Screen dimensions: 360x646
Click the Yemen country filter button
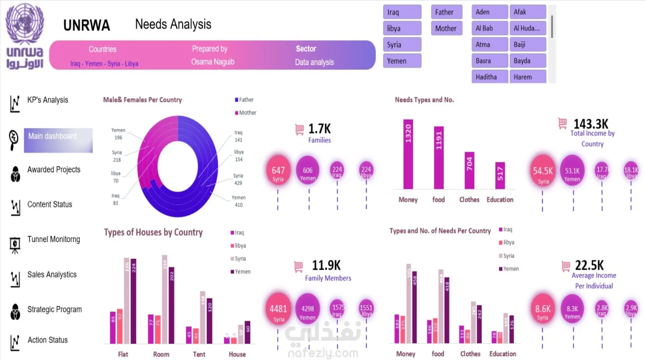coord(402,61)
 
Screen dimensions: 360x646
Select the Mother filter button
coord(446,28)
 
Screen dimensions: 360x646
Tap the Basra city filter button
coord(490,61)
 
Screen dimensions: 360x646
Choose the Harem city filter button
coord(528,77)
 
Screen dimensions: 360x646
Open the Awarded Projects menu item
coord(54,169)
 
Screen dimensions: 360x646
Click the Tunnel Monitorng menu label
coord(54,239)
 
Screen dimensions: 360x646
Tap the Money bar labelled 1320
coord(408,154)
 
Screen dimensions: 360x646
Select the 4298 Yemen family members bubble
coord(308,309)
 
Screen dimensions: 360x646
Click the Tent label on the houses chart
coord(199,354)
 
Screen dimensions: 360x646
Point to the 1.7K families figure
coord(319,128)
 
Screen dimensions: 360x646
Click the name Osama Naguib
coord(212,62)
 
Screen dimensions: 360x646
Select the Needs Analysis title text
coord(173,24)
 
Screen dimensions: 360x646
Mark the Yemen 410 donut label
coord(239,201)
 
